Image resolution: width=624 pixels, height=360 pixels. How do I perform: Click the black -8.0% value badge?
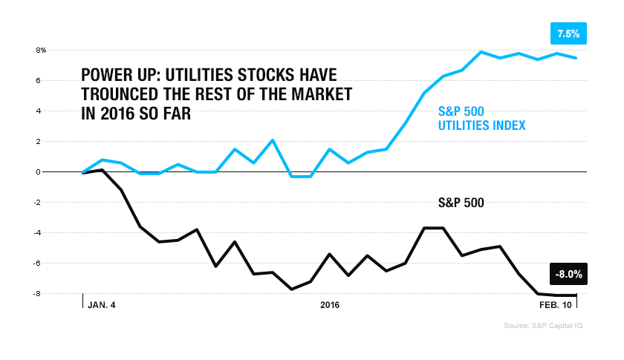pos(568,274)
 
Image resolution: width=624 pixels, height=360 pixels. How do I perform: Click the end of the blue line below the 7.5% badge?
pos(576,58)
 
